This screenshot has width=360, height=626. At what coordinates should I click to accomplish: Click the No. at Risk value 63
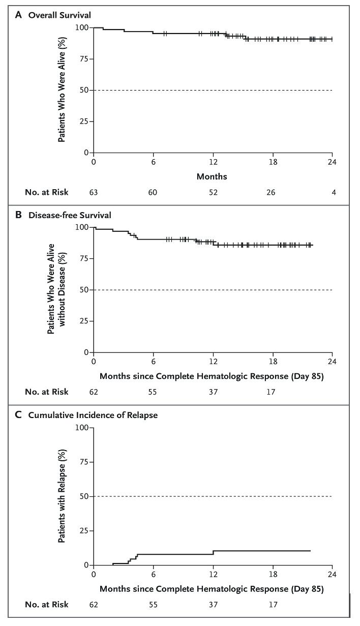(94, 192)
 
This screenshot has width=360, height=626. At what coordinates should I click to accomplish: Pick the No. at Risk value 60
(153, 192)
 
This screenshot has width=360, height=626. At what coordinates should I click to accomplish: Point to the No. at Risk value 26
(273, 192)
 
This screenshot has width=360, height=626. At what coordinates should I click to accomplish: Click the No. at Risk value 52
(213, 192)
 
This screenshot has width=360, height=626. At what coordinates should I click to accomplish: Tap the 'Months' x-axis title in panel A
(213, 177)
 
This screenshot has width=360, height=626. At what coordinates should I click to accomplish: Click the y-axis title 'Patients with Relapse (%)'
(61, 495)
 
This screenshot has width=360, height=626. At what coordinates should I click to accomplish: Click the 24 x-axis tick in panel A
(332, 163)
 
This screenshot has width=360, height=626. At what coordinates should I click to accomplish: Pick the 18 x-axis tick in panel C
(273, 576)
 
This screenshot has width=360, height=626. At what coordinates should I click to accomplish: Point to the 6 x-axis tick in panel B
(153, 363)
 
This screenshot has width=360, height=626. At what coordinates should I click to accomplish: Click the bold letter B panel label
(18, 215)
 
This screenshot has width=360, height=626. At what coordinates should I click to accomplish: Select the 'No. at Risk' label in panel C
(46, 605)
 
